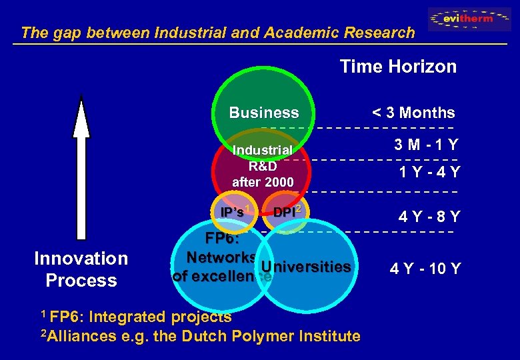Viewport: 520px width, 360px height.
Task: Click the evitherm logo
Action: click(x=470, y=19)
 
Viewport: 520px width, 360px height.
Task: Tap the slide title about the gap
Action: click(x=217, y=32)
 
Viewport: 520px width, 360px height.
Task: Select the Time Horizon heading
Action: click(x=398, y=67)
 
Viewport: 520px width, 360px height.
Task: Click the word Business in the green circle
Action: click(x=264, y=113)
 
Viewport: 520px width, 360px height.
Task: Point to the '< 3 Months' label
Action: click(x=413, y=113)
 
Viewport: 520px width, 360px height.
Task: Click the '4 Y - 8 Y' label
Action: click(x=429, y=217)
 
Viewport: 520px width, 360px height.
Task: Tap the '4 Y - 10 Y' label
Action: click(x=425, y=269)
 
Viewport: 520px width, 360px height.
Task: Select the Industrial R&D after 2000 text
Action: click(x=263, y=165)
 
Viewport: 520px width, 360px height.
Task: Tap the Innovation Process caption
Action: click(x=81, y=269)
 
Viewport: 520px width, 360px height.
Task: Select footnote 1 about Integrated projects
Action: click(x=136, y=317)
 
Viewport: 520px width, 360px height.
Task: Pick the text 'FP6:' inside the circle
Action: click(x=222, y=239)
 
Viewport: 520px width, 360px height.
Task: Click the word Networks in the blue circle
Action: click(x=221, y=257)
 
